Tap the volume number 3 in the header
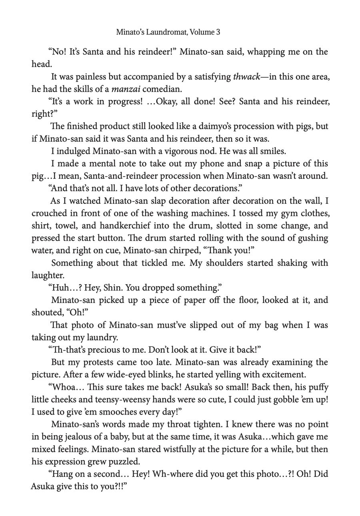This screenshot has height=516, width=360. [x=218, y=32]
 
